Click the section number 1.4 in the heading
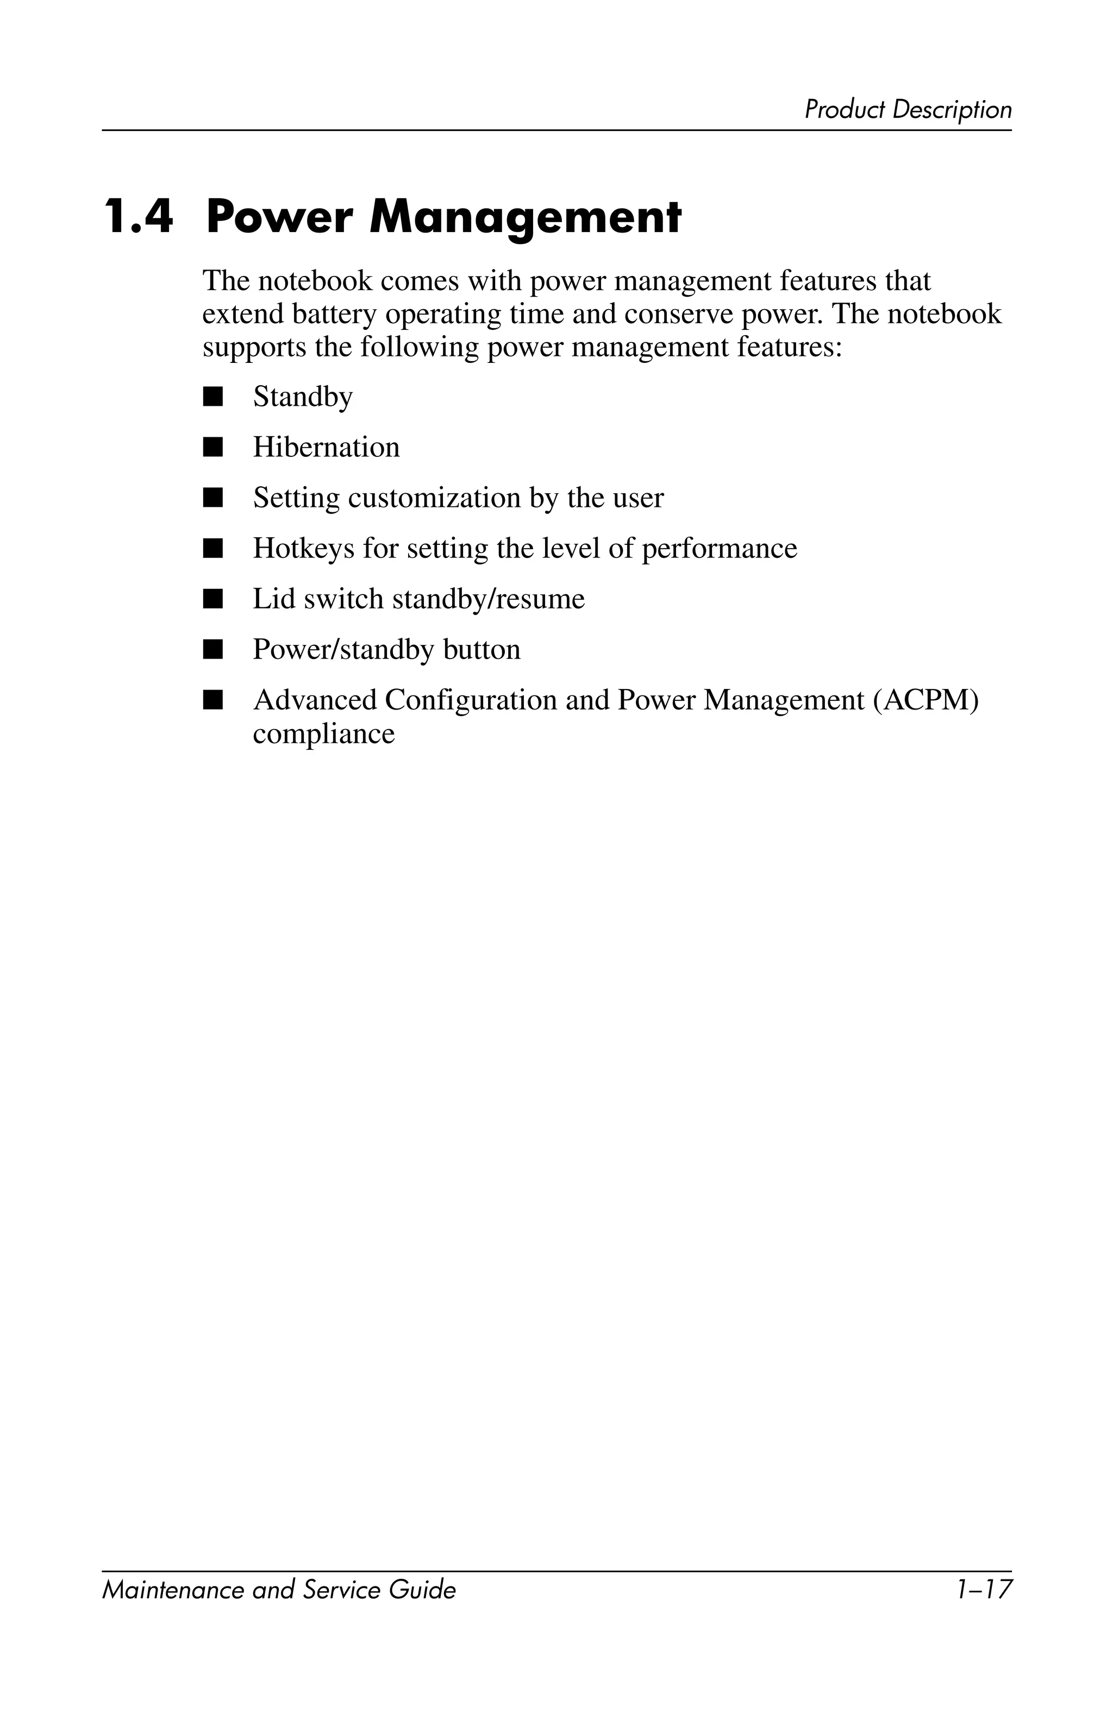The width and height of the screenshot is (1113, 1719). click(139, 217)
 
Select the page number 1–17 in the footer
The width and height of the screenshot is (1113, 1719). click(983, 1590)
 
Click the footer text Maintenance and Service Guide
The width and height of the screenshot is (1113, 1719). click(279, 1590)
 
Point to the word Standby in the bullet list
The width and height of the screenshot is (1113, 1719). click(303, 397)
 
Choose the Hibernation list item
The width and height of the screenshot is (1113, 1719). click(326, 448)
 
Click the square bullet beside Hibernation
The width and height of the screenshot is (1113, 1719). click(213, 448)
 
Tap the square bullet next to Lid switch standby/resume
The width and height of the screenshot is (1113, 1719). click(213, 599)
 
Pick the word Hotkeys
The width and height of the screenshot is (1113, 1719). click(303, 549)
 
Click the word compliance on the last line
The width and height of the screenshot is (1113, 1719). click(323, 734)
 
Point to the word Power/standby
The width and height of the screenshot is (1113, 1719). click(342, 650)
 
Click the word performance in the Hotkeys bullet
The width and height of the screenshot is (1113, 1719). click(720, 549)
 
